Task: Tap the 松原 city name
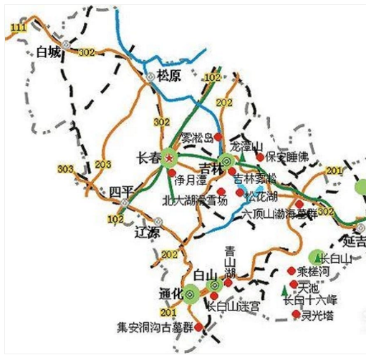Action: tap(170, 74)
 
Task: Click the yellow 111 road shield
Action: tap(16, 27)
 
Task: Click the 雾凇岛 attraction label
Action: tap(197, 137)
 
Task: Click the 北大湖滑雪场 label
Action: tap(195, 201)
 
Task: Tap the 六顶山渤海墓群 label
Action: tap(279, 214)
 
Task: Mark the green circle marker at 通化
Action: tap(191, 293)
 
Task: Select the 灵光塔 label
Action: tap(317, 314)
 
